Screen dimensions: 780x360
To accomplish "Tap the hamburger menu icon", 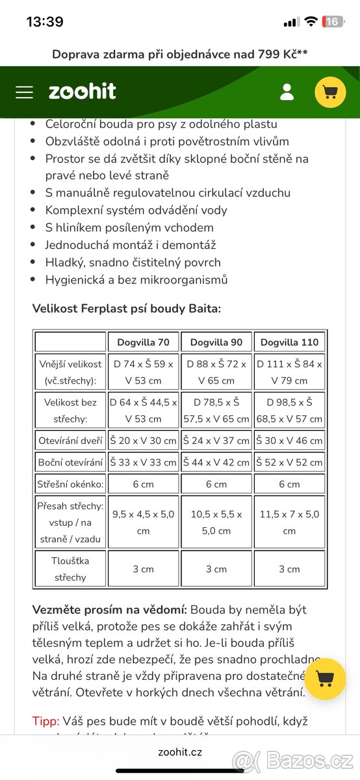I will pos(24,92).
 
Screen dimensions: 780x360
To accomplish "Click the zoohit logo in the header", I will pos(83,92).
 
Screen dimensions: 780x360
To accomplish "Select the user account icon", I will pos(287,92).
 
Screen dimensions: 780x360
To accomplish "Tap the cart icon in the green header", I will pos(330,92).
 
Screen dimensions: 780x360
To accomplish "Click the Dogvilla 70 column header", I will pos(143,342).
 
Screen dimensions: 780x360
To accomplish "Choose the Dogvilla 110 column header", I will pos(289,342).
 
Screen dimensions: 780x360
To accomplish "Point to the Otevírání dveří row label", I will pos(70,440).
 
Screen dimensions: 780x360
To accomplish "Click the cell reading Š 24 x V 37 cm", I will pos(216,440).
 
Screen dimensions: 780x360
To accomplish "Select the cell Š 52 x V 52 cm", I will pos(289,462).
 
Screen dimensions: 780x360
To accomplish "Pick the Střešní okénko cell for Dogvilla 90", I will pos(216,484).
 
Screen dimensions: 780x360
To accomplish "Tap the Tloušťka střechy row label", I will pos(70,569).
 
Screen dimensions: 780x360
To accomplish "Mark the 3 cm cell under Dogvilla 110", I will pos(289,569).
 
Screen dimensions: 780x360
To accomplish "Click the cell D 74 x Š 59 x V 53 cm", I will pos(143,372).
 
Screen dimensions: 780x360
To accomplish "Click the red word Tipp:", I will pos(45,721).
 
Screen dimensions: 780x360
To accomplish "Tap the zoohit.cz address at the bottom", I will pos(180,752).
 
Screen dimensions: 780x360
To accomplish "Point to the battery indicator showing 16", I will pos(332,21).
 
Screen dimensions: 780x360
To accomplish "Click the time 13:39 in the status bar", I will pos(45,21).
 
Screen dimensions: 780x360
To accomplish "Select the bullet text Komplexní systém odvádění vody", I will pos(136,210).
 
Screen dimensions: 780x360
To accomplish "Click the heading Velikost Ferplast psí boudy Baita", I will pos(127,308).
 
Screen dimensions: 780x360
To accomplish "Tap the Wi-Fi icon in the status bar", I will pos(311,21).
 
